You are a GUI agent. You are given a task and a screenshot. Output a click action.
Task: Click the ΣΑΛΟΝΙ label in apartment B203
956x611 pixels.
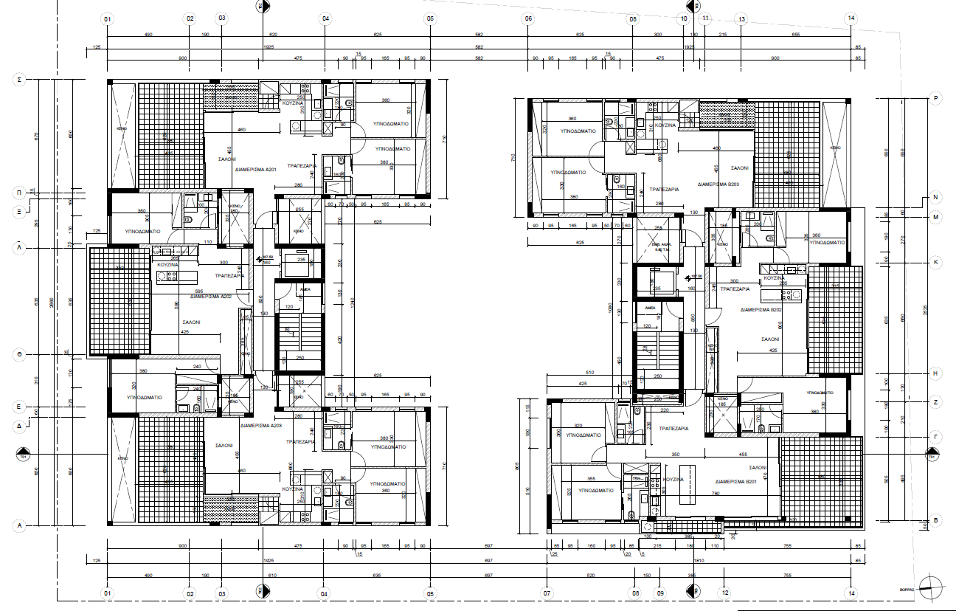pyautogui.click(x=739, y=168)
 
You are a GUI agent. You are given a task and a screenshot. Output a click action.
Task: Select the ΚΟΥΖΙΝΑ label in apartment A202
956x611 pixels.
pyautogui.click(x=167, y=263)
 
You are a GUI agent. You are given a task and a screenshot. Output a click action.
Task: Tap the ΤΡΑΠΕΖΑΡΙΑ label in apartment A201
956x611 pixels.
pyautogui.click(x=302, y=166)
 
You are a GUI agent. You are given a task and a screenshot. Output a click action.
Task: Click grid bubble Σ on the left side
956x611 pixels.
pyautogui.click(x=21, y=78)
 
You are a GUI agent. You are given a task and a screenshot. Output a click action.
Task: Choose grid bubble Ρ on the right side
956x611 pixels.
pyautogui.click(x=935, y=97)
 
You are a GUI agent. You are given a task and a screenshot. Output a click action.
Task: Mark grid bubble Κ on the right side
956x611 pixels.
pyautogui.click(x=935, y=262)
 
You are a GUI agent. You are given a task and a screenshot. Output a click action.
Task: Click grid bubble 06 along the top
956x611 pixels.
pyautogui.click(x=528, y=18)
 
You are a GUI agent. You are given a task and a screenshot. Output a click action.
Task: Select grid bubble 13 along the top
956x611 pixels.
pyautogui.click(x=741, y=18)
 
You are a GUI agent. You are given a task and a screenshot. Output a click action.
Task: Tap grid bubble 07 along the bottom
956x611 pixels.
pyautogui.click(x=547, y=593)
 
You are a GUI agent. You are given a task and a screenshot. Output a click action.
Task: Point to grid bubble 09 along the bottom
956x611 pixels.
pyautogui.click(x=660, y=593)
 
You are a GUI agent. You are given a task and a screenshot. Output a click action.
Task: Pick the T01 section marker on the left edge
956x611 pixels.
pyautogui.click(x=21, y=453)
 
